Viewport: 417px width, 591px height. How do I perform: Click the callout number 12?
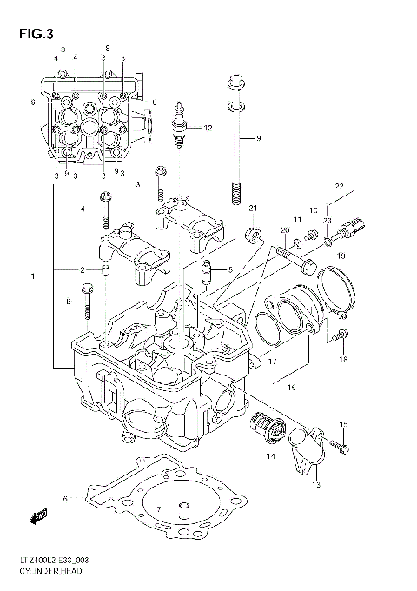click(x=208, y=128)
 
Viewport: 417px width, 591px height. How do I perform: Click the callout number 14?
click(x=270, y=456)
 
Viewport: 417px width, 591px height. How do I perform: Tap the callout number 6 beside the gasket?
click(x=65, y=498)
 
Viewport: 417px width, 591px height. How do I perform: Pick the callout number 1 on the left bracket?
click(x=34, y=276)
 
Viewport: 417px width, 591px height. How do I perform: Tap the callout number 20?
click(x=284, y=230)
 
